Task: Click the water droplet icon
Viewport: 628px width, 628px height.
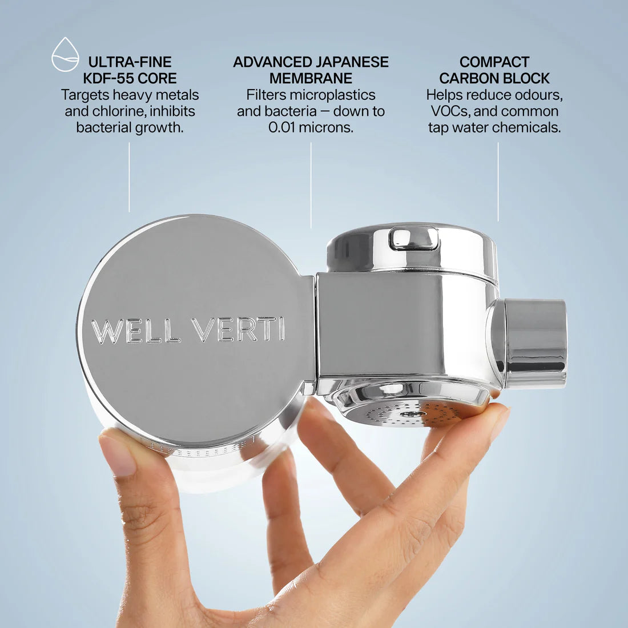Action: (65, 54)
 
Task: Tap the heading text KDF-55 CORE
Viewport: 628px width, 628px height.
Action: (130, 78)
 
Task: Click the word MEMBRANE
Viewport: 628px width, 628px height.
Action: (311, 78)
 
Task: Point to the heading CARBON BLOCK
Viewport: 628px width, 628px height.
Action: (494, 78)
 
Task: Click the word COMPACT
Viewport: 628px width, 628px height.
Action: (494, 62)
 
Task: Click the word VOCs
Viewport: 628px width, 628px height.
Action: (449, 111)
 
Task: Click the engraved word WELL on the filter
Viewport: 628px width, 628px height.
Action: (135, 331)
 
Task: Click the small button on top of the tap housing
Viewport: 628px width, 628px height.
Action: (413, 238)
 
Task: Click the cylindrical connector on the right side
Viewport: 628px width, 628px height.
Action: (533, 343)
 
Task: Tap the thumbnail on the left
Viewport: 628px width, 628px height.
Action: (118, 454)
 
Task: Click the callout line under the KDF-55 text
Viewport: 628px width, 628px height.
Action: (129, 177)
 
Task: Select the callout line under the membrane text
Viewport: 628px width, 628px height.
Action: (311, 185)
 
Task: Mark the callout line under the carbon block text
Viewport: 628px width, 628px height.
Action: (498, 182)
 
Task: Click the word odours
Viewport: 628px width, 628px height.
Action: (537, 95)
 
